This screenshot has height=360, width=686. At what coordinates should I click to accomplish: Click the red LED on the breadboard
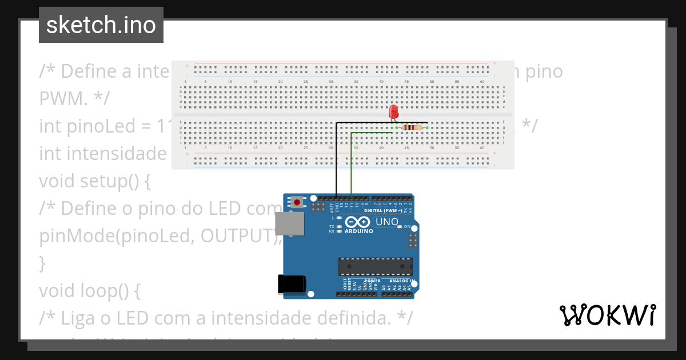tap(393, 111)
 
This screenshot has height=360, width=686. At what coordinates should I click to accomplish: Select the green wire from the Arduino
tap(351, 166)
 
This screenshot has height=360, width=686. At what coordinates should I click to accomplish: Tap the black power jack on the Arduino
tap(291, 285)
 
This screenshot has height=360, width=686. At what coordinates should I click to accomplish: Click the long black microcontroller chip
tap(375, 266)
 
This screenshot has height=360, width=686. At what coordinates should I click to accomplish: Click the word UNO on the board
tap(387, 222)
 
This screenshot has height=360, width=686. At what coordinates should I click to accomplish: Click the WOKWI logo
tap(607, 315)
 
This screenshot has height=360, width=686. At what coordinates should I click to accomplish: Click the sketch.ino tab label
tap(101, 25)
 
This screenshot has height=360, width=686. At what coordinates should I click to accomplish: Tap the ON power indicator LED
tap(398, 227)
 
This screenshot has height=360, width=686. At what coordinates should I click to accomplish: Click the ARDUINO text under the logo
tap(358, 231)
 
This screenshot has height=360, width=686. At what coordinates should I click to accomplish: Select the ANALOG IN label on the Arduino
tap(400, 281)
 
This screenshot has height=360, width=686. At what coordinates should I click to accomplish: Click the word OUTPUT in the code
tap(237, 236)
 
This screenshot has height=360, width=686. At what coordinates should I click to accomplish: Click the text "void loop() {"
tap(89, 291)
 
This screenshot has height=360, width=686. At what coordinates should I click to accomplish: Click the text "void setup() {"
tap(95, 181)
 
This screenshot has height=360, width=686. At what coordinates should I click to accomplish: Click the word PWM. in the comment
tap(63, 98)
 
